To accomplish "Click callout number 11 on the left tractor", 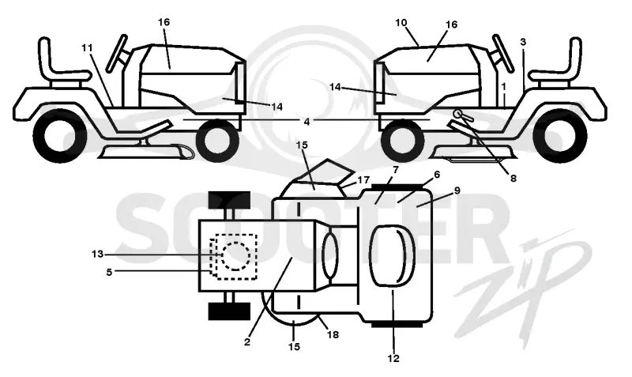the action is pyautogui.click(x=87, y=48).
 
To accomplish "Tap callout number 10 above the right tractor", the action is pyautogui.click(x=401, y=23).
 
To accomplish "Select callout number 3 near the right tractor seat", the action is pyautogui.click(x=523, y=42).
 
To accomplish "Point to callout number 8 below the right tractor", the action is pyautogui.click(x=513, y=178).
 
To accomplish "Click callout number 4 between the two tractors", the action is pyautogui.click(x=307, y=122).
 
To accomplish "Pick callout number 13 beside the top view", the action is pyautogui.click(x=97, y=254).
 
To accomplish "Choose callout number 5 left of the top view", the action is pyautogui.click(x=109, y=272).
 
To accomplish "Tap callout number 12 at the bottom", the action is pyautogui.click(x=393, y=358).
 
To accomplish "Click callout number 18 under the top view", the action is pyautogui.click(x=333, y=334).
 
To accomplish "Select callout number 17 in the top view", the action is pyautogui.click(x=363, y=180).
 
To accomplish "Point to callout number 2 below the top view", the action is pyautogui.click(x=247, y=342).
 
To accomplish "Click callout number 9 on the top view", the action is pyautogui.click(x=457, y=190).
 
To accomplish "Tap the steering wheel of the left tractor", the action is pyautogui.click(x=118, y=53).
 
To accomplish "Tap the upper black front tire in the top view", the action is pyautogui.click(x=229, y=200).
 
